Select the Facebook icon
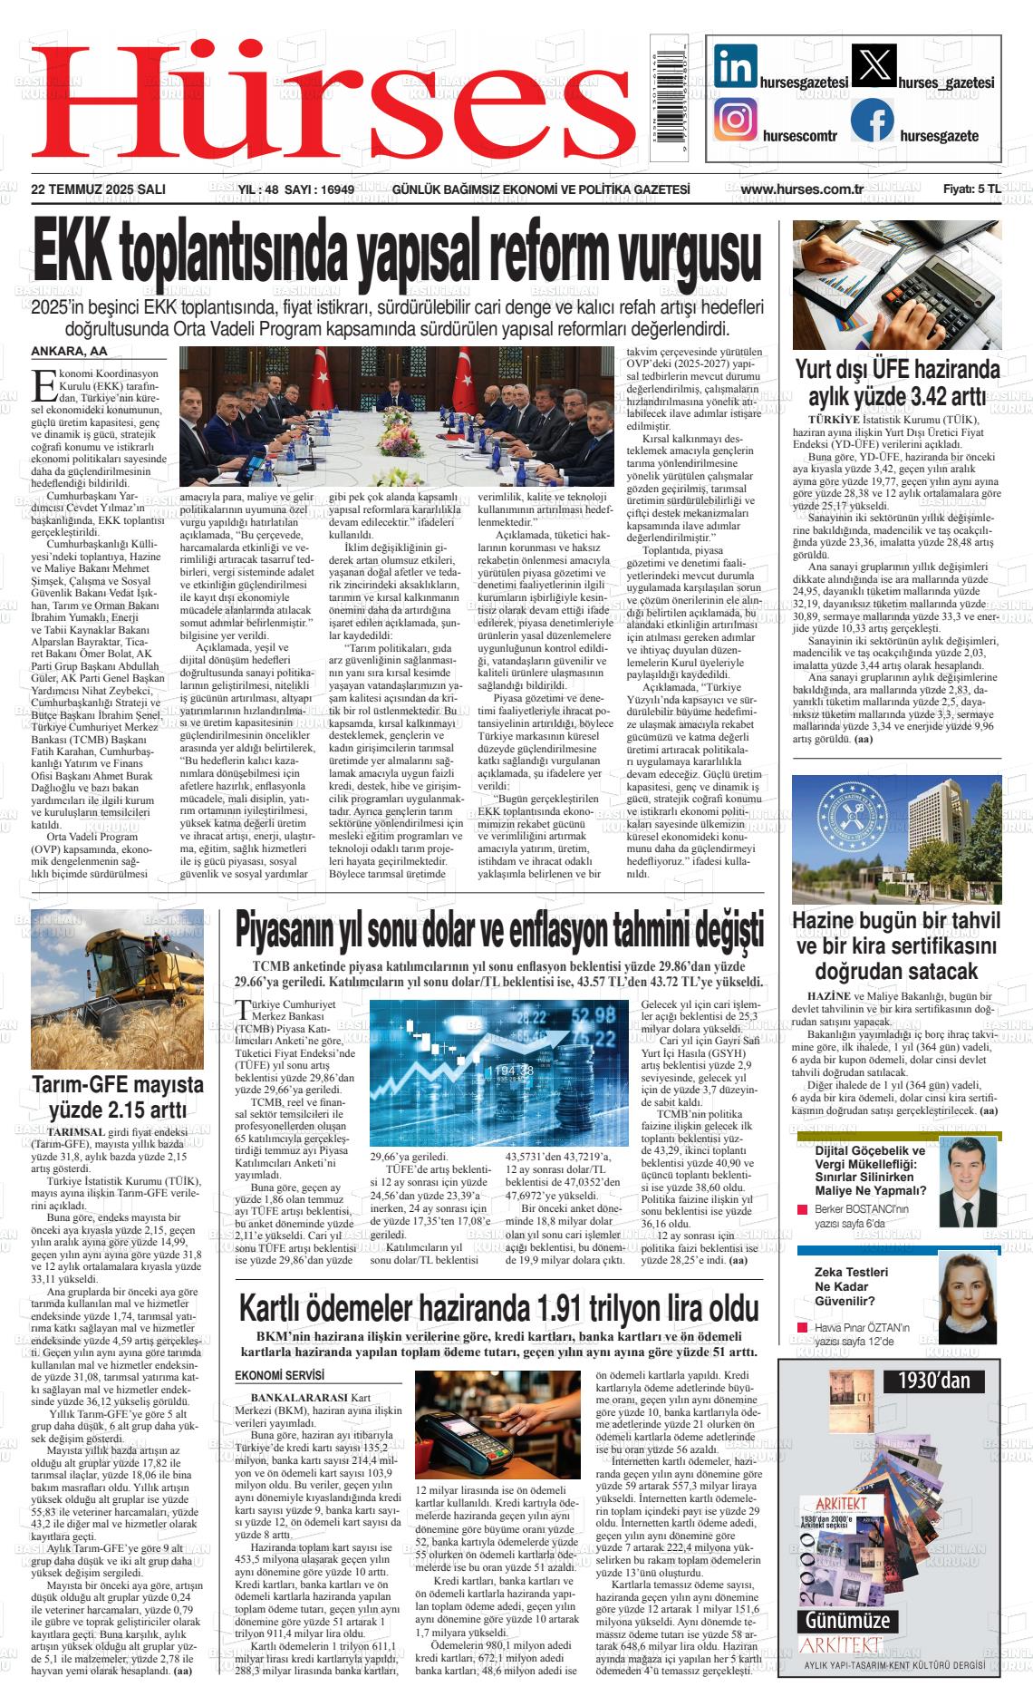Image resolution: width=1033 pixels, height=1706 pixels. point(872,120)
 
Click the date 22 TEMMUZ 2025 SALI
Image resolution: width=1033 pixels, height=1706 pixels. point(98,189)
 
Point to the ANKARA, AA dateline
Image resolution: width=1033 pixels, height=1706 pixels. point(69,352)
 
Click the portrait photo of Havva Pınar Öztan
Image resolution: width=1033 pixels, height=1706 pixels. point(962,1296)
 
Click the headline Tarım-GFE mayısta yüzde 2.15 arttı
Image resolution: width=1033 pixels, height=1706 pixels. point(118,1097)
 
